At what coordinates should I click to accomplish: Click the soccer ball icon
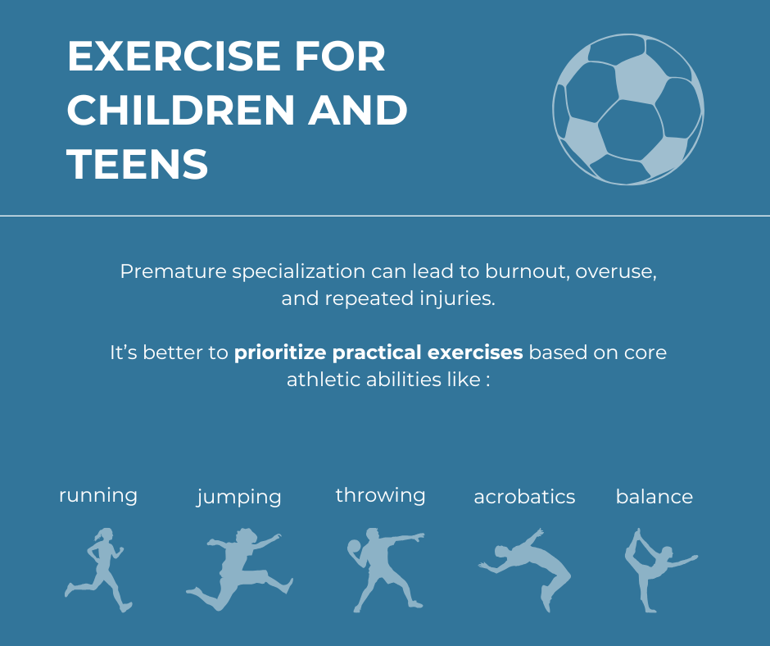(628, 109)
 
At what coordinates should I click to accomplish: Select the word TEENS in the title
(138, 164)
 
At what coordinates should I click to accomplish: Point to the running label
(98, 495)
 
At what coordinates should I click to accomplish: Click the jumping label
(239, 498)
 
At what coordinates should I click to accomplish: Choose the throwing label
(381, 496)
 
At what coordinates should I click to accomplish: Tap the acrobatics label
(524, 497)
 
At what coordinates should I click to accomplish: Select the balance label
(654, 497)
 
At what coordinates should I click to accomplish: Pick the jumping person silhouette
(239, 571)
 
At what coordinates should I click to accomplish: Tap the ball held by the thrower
(354, 546)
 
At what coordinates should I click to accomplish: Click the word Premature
(174, 271)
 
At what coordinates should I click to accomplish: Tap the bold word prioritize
(280, 353)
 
